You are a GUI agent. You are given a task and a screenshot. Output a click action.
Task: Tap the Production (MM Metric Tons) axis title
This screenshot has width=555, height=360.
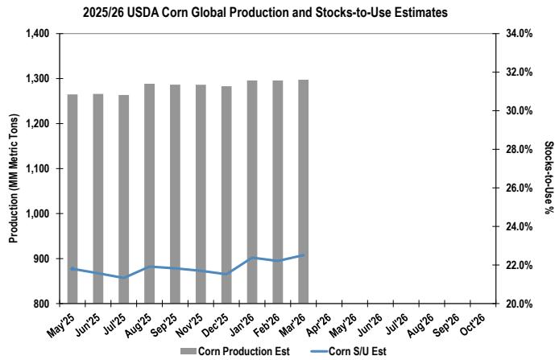coord(14,169)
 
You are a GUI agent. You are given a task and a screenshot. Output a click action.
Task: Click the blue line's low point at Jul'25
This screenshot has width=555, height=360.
coord(123,277)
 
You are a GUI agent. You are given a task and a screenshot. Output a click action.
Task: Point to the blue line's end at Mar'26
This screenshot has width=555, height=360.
coord(303,255)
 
